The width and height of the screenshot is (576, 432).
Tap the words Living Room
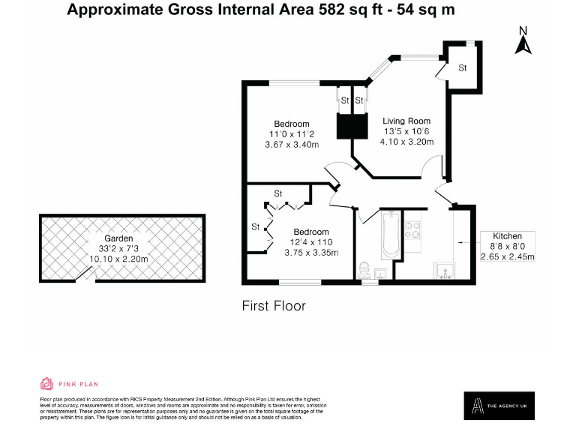[x=406, y=121]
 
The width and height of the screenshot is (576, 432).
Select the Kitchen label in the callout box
[x=507, y=236]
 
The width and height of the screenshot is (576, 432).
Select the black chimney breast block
[x=350, y=126]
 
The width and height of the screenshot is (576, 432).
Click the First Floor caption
[x=273, y=306]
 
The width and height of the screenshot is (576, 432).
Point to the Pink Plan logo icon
[x=46, y=383]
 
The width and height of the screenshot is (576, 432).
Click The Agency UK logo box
[x=499, y=406]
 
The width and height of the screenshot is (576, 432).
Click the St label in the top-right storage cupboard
[x=463, y=68]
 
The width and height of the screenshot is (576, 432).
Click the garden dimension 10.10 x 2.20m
[x=118, y=259]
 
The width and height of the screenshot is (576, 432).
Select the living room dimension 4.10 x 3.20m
[x=407, y=141]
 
